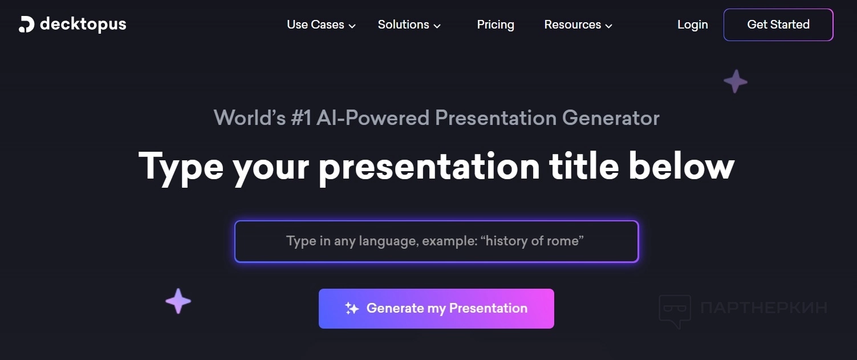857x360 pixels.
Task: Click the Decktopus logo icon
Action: tap(26, 25)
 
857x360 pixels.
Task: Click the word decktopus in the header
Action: tap(83, 24)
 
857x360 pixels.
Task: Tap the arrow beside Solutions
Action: tap(437, 26)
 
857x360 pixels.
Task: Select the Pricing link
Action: tap(495, 25)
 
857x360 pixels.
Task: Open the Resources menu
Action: tap(578, 25)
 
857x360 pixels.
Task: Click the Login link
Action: tap(692, 25)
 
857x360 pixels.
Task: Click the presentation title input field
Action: tap(437, 241)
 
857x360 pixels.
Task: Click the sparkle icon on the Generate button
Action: tap(352, 308)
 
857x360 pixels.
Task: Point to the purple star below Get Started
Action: tap(736, 81)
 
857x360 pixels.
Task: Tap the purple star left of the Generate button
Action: tap(178, 301)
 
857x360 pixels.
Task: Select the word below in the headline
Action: tap(681, 165)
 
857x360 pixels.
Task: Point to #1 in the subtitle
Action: tap(301, 118)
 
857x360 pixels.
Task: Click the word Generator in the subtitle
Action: tap(611, 118)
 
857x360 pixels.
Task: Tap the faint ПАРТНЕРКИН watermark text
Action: tap(763, 308)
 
